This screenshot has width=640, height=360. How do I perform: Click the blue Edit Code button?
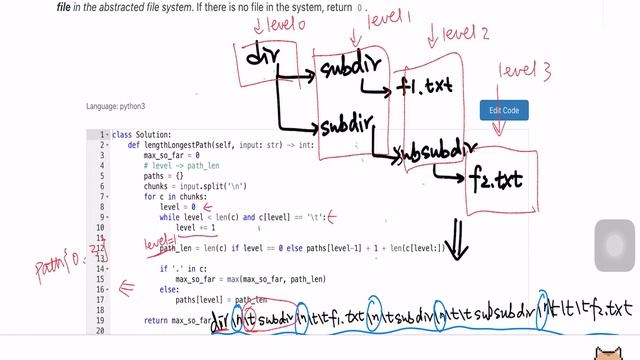tap(503, 110)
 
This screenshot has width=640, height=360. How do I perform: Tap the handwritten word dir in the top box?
tap(262, 58)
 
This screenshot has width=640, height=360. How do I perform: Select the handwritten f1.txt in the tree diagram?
tap(423, 88)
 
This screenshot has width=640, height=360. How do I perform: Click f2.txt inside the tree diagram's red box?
tap(496, 181)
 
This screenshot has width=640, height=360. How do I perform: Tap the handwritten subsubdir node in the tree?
tap(431, 153)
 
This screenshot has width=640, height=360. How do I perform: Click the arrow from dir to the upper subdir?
tap(296, 75)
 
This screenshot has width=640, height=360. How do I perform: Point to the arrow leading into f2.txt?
tap(451, 172)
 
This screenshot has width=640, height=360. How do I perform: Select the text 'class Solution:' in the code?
tap(142, 135)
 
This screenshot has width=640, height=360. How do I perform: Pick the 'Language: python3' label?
tap(116, 106)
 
